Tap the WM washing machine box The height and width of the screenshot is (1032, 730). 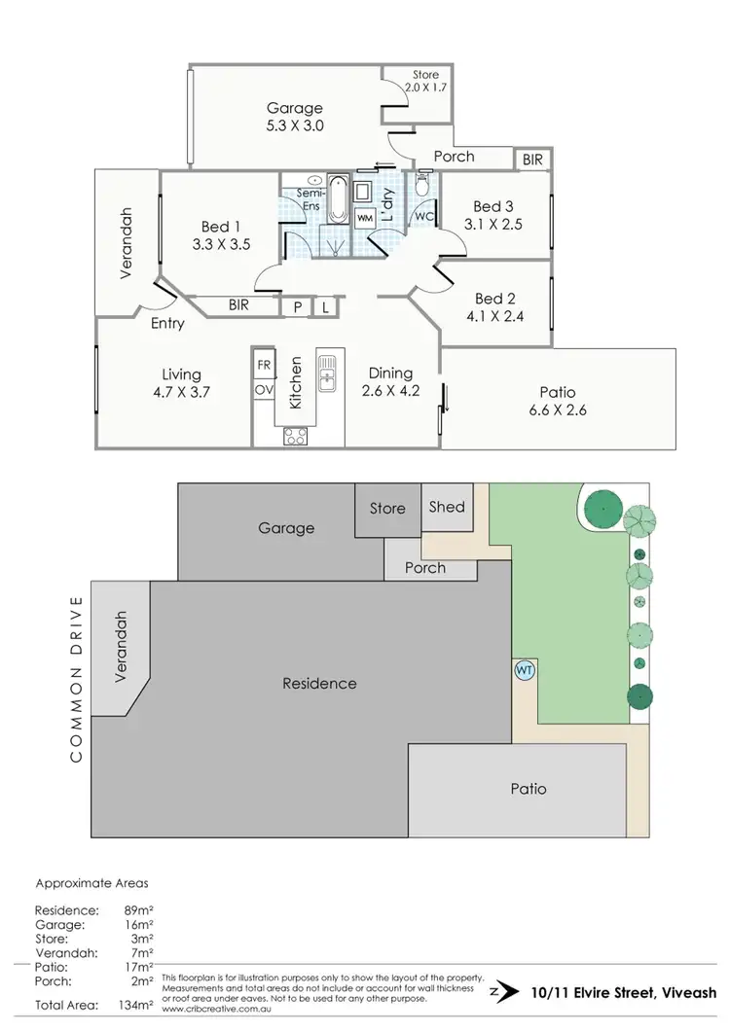(365, 219)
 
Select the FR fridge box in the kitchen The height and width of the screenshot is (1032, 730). (264, 365)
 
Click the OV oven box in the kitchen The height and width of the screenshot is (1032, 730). (264, 389)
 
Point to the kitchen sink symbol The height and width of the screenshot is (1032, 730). (328, 372)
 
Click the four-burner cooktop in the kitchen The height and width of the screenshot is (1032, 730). (296, 437)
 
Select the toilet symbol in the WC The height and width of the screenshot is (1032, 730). (422, 185)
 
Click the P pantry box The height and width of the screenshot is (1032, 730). (296, 306)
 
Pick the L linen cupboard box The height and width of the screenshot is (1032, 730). (325, 306)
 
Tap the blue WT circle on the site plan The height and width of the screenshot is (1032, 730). (524, 670)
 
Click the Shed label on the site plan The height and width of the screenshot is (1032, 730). (447, 506)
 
